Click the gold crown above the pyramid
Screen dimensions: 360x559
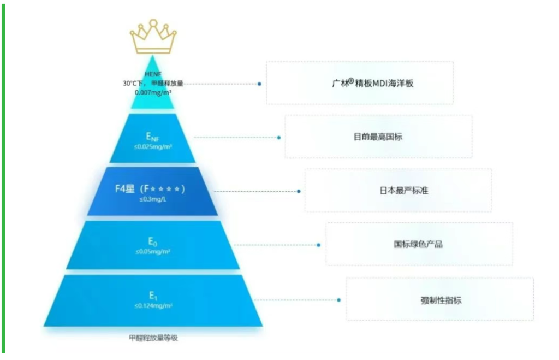pyautogui.click(x=153, y=37)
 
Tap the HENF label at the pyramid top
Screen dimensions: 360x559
pyautogui.click(x=153, y=74)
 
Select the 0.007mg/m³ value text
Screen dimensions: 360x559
pyautogui.click(x=153, y=92)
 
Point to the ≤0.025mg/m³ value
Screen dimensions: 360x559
pyautogui.click(x=153, y=147)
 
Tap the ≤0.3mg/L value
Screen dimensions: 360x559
pyautogui.click(x=153, y=199)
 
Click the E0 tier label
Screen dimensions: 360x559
pyautogui.click(x=153, y=241)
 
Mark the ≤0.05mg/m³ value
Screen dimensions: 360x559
pyautogui.click(x=153, y=252)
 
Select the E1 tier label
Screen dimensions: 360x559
pyautogui.click(x=153, y=296)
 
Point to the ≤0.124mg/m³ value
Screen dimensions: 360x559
pyautogui.click(x=153, y=306)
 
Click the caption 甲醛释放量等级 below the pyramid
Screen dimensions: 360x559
pyautogui.click(x=153, y=338)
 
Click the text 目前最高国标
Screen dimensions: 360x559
pyautogui.click(x=378, y=137)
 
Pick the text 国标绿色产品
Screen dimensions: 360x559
pyautogui.click(x=418, y=244)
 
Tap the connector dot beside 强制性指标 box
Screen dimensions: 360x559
pyautogui.click(x=339, y=300)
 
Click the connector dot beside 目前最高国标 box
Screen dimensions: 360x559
pyautogui.click(x=279, y=138)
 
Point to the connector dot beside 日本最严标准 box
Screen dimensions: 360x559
pyautogui.click(x=299, y=191)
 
